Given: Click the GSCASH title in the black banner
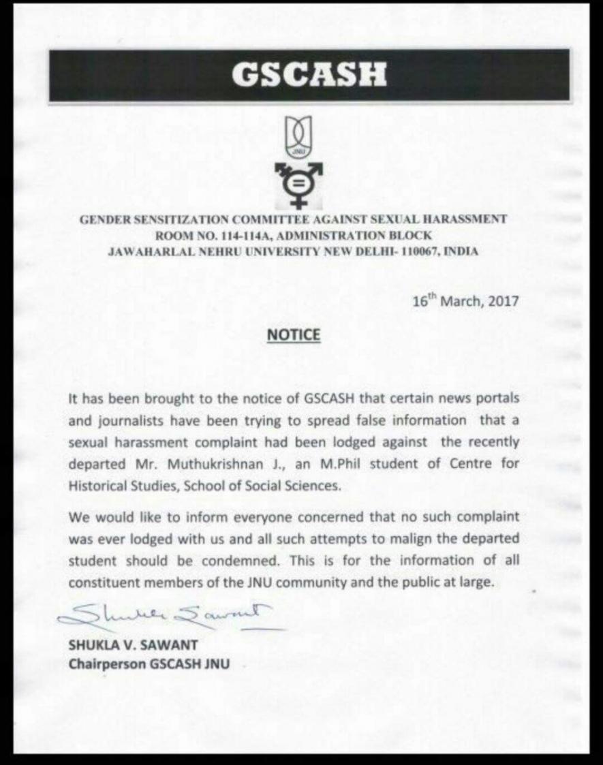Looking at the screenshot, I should [308, 74].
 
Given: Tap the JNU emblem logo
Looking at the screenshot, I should [295, 136].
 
